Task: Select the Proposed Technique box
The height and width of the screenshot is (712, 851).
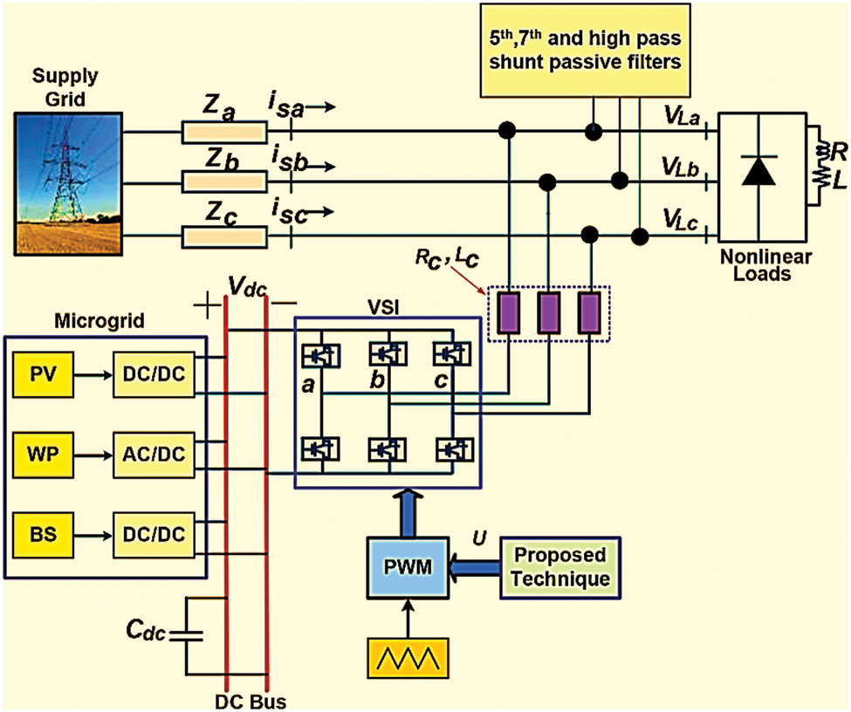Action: [560, 568]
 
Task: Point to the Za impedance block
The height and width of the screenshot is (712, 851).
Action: [222, 133]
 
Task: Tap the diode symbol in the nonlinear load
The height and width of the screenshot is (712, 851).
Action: [757, 171]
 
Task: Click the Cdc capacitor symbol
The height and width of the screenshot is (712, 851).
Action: [186, 635]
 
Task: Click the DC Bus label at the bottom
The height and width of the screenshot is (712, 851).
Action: [250, 702]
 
